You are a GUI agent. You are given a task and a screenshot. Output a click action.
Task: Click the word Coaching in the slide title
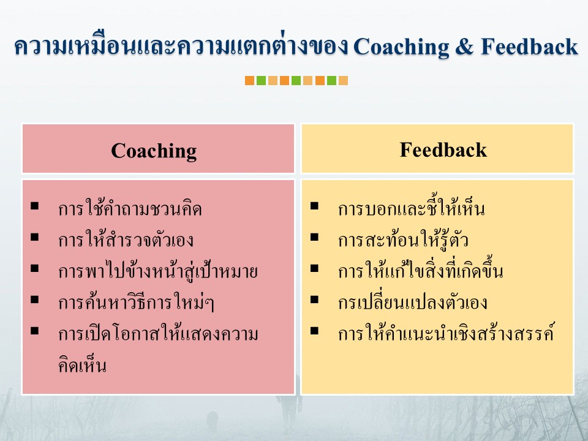[x=401, y=48]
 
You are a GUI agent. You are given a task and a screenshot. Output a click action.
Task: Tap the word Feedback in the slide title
[x=529, y=47]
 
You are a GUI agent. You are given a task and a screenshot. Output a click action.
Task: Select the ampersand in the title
[x=465, y=47]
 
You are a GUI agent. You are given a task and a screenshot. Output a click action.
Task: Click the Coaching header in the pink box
[x=154, y=151]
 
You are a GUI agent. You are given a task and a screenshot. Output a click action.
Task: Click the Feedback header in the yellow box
[x=443, y=149]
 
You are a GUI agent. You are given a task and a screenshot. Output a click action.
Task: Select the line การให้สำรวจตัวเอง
[x=126, y=239]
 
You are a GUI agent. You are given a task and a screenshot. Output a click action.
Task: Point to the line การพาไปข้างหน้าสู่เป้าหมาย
[x=158, y=270]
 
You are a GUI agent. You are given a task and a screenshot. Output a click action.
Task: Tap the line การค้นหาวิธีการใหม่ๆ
[x=136, y=302]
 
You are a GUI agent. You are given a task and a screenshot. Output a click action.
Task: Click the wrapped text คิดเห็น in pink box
[x=82, y=364]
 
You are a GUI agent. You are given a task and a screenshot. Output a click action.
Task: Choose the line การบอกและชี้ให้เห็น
[x=411, y=208]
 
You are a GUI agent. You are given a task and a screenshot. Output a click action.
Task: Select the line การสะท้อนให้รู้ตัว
[x=403, y=239]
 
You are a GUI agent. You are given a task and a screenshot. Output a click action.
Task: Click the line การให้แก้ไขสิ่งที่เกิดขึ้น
[x=420, y=270]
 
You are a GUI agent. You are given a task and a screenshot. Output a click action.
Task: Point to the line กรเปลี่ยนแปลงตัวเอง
[x=412, y=302]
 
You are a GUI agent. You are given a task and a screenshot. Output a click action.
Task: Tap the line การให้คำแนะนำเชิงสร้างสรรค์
[x=446, y=332]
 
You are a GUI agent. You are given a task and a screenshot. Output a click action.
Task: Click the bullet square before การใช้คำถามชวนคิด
[x=35, y=206]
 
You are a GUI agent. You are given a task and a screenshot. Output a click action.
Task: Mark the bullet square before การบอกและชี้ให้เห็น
[x=314, y=206]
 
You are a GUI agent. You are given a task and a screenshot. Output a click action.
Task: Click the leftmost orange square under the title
[x=249, y=81]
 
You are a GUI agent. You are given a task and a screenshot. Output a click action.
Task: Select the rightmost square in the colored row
[x=343, y=81]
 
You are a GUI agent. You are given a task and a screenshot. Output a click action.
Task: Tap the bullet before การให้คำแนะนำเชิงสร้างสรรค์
[x=314, y=330]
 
